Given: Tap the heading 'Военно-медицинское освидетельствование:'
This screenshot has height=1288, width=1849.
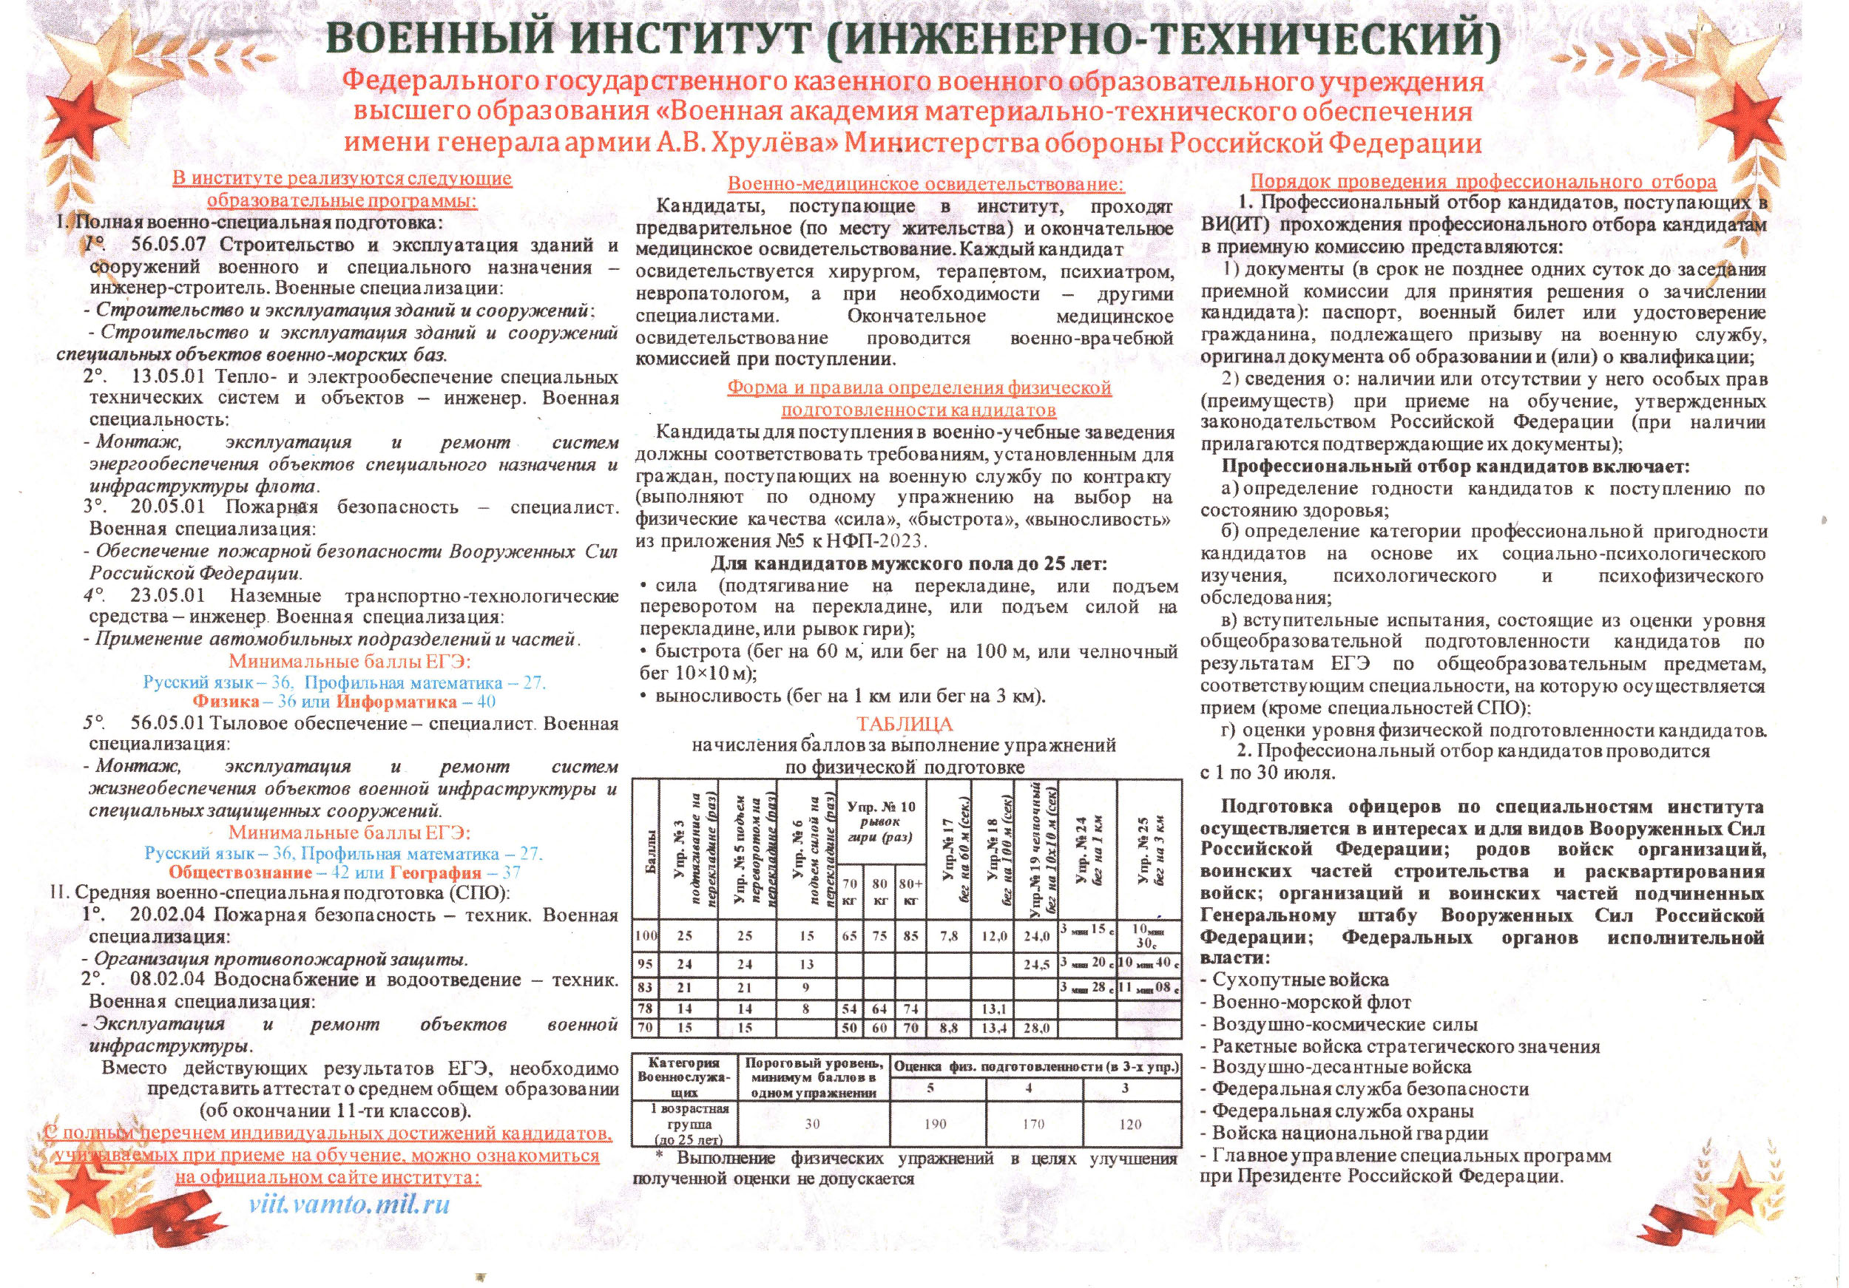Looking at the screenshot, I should [926, 184].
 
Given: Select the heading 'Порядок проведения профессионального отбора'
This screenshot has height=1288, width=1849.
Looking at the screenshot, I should [1484, 182].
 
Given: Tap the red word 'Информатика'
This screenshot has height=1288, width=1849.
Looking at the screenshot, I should [400, 701].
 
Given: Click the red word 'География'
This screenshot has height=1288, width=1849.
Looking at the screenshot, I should [435, 872].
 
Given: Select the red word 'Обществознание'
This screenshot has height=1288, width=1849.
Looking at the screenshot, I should [240, 872].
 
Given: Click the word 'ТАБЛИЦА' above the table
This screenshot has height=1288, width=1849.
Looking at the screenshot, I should [905, 724].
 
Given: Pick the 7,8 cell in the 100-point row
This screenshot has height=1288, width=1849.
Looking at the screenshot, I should [949, 936].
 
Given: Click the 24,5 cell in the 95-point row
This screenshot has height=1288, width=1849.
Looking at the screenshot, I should [1037, 964].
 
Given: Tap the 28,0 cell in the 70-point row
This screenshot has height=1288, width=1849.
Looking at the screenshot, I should [1037, 1028].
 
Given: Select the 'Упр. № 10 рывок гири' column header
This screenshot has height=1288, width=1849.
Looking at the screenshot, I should [881, 821].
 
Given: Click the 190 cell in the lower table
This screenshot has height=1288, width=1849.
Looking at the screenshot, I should [936, 1124].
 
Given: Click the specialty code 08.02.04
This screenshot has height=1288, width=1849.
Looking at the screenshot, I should [166, 979].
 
